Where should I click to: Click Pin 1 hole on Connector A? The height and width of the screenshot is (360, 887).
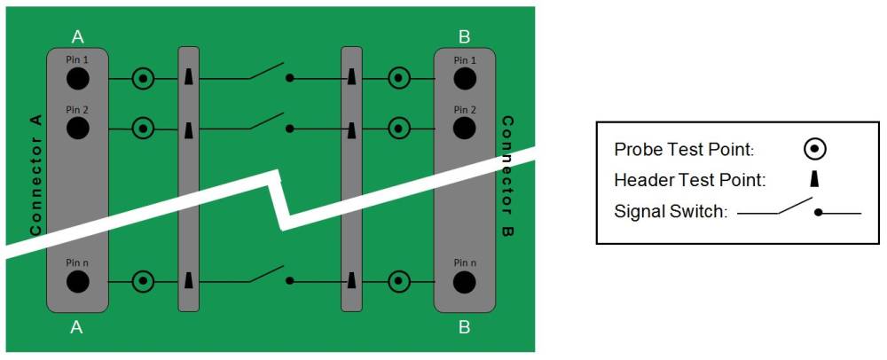pos(77,79)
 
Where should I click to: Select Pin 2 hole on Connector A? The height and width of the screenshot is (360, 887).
pos(77,129)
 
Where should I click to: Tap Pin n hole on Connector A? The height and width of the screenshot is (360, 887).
pos(77,282)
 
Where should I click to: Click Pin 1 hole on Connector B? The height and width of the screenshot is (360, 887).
pos(464,79)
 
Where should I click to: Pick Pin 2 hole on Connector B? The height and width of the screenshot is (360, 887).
pos(464,129)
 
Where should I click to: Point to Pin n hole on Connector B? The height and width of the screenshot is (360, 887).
pos(464,282)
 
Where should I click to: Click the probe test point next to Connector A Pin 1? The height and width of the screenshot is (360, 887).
pos(142,79)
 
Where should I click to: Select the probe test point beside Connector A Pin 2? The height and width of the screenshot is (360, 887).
pos(142,129)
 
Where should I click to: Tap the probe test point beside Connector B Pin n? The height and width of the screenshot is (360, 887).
pos(399,282)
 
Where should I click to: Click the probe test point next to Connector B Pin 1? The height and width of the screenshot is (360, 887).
pos(399,79)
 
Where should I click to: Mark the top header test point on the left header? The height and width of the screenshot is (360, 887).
pos(189,79)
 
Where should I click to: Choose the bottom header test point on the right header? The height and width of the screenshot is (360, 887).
pos(352,282)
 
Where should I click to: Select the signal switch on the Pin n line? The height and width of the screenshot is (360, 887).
pos(269,276)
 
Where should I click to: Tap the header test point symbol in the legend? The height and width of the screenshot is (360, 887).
pos(814,180)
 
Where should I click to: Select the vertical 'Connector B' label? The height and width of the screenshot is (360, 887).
pos(508,176)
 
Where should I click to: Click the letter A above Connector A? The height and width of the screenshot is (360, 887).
pos(77,36)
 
